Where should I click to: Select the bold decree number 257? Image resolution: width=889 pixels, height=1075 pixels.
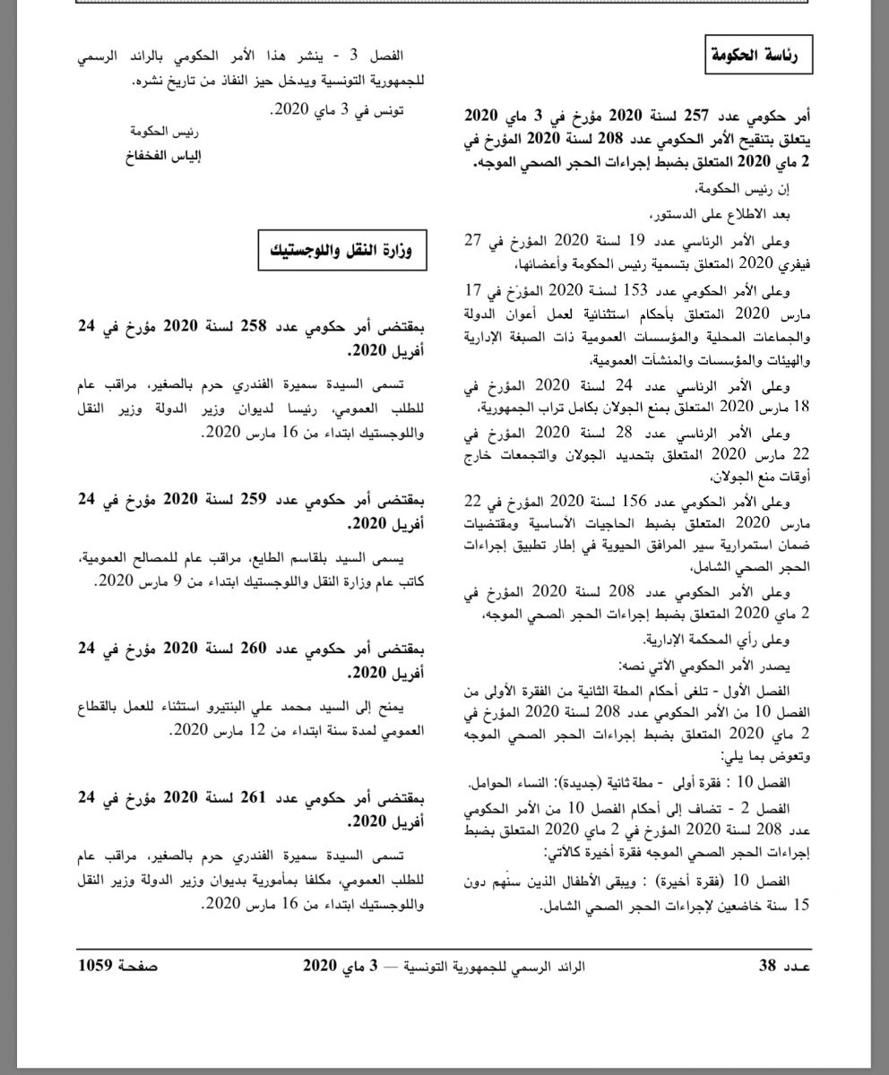point(694,116)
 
